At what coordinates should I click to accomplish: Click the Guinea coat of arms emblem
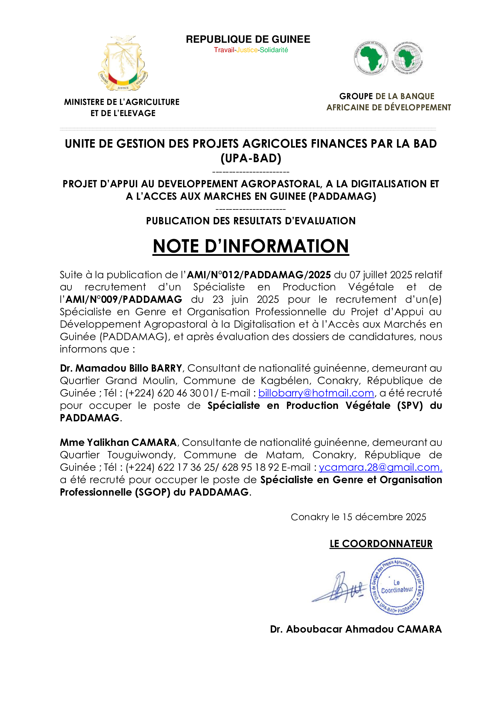[123, 63]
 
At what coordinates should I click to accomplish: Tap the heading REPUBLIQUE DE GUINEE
[248, 39]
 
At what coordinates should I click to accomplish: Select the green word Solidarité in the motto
[274, 50]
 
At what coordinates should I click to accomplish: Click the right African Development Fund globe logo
[408, 58]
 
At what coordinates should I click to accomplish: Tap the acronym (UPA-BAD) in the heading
[251, 159]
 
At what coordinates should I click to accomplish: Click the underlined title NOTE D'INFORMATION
[251, 246]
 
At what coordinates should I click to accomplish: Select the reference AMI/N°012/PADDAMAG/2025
[259, 275]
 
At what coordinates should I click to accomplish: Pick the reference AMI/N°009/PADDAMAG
[124, 299]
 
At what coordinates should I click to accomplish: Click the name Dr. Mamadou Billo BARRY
[121, 368]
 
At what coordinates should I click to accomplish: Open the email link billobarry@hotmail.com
[316, 393]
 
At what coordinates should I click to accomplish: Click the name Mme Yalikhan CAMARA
[118, 443]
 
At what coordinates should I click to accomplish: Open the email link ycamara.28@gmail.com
[380, 467]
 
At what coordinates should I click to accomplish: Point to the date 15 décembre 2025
[384, 517]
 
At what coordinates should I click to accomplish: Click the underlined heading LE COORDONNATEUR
[381, 544]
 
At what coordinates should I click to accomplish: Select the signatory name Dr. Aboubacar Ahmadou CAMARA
[356, 629]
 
